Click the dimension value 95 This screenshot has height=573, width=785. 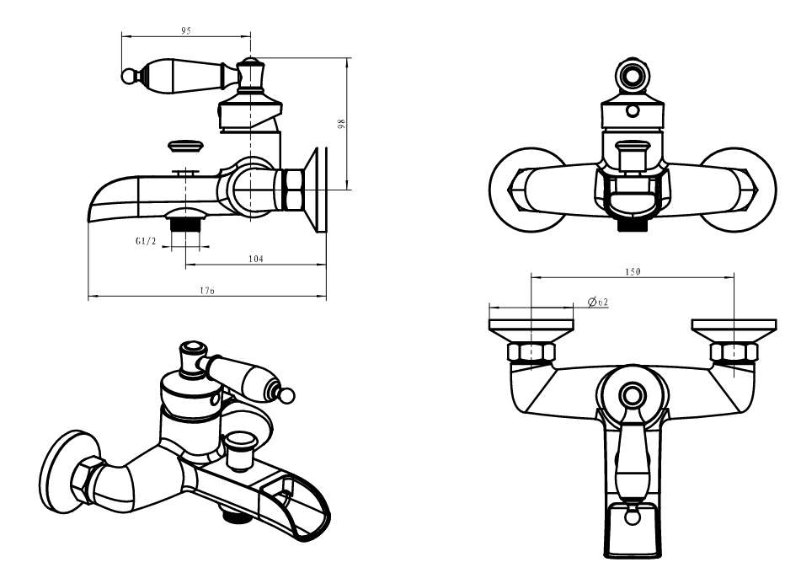[186, 30]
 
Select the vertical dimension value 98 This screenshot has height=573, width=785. [341, 123]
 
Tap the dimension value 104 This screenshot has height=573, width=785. [256, 259]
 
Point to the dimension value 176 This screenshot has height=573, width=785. [207, 291]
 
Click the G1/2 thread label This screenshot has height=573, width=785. [147, 241]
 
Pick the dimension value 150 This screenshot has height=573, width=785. [633, 271]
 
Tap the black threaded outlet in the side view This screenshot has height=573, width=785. [184, 224]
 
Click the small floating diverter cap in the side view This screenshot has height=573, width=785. [186, 145]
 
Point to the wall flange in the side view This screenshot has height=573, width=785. [318, 190]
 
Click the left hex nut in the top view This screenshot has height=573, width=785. [531, 351]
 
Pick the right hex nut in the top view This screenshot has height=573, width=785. [733, 351]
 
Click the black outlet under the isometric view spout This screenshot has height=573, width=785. [231, 517]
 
